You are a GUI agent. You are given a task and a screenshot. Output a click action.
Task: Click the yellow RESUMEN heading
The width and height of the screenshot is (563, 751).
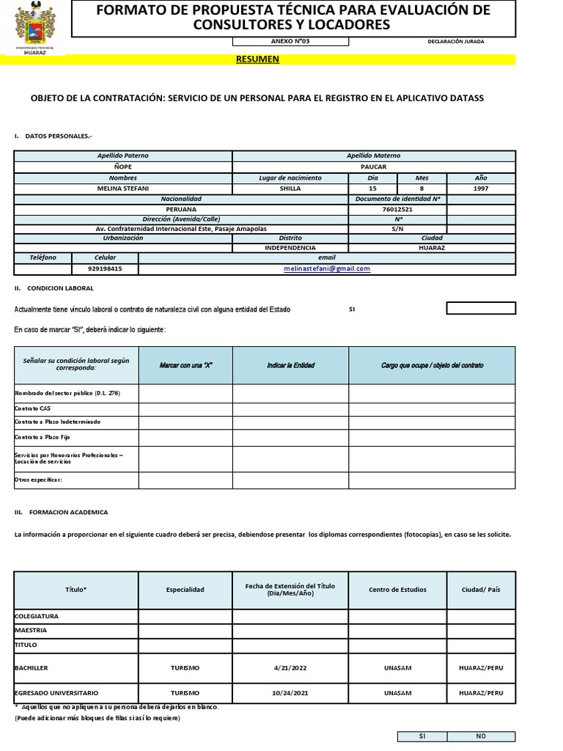point(257,59)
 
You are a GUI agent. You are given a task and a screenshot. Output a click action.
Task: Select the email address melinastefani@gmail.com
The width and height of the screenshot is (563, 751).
point(327,268)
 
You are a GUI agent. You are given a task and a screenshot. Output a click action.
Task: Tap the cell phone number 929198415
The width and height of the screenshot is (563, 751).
point(105,268)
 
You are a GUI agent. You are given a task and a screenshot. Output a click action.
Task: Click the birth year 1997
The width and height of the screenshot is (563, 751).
point(481,188)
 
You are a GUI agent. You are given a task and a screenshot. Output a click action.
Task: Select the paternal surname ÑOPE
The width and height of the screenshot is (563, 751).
point(122,166)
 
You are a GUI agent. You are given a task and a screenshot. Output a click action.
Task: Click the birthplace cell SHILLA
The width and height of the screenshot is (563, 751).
point(290,188)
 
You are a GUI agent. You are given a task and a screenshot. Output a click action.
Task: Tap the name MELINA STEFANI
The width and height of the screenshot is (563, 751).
point(122,188)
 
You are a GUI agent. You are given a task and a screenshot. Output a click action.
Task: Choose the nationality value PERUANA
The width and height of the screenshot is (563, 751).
point(181,209)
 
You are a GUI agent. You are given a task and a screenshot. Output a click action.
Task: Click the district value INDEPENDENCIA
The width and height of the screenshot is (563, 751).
point(290,248)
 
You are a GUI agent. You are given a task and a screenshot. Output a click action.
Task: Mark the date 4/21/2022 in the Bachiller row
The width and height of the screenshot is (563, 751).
point(290,668)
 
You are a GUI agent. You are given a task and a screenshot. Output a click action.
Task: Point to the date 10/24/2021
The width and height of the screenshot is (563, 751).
point(290,692)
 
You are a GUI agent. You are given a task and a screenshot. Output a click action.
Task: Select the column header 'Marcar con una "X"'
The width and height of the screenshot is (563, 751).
point(185,365)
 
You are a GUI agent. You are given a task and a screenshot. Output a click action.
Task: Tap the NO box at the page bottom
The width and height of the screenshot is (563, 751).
point(481,736)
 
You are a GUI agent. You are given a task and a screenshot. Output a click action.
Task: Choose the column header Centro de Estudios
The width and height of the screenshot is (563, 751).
point(397,590)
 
